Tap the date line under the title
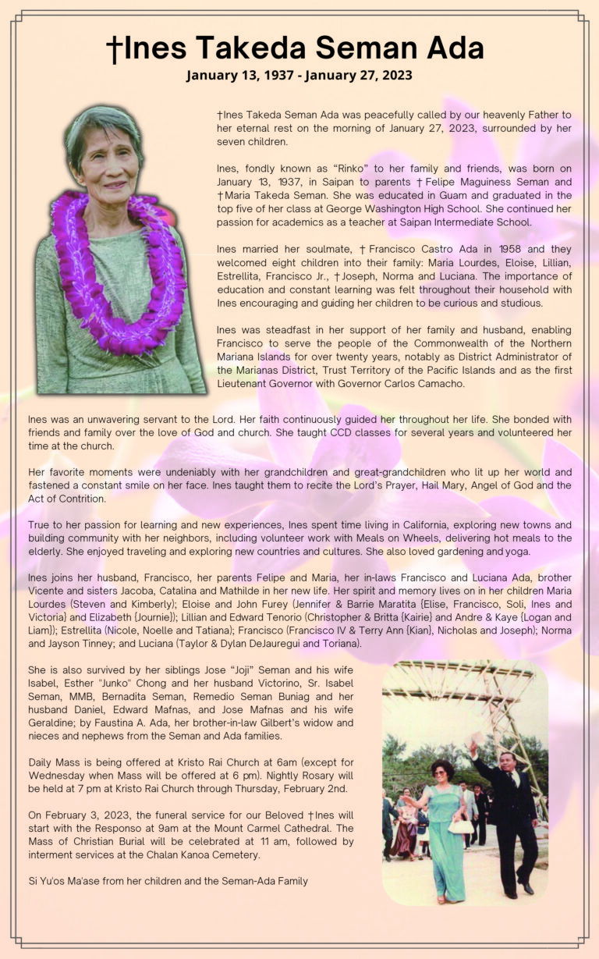(299, 76)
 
